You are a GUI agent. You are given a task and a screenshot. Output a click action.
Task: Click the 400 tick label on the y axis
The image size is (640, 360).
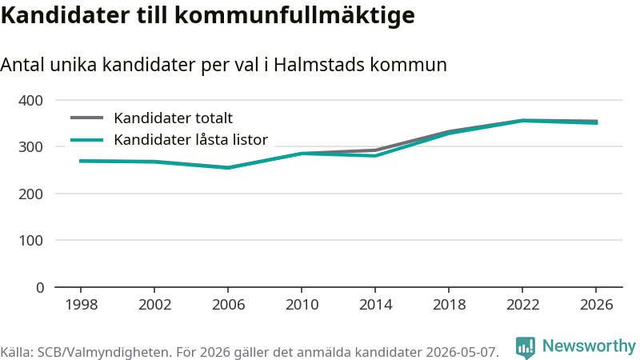pos(30,101)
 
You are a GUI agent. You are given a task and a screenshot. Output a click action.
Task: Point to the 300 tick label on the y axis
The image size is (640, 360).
pos(30,147)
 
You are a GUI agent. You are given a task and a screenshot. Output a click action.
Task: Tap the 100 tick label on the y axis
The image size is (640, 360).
pos(30,241)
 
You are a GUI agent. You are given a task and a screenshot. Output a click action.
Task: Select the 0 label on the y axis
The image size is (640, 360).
pos(40,288)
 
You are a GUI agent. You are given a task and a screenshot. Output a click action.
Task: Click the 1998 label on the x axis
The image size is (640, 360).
pos(82,305)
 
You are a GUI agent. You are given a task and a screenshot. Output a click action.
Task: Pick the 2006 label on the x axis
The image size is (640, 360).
pos(228,305)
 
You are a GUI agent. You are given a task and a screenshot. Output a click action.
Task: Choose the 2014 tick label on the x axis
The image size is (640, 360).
pos(375,305)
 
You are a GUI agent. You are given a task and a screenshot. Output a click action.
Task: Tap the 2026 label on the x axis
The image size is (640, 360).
pos(596,305)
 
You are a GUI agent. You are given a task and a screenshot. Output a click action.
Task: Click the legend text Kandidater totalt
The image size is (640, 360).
pos(173,118)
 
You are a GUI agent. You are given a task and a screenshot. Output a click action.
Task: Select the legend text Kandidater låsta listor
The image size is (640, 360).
pos(190,139)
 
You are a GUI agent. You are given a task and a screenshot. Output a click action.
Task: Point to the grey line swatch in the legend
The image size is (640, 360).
pos(87,118)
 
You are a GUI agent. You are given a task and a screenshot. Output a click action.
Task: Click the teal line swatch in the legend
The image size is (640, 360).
pos(87,140)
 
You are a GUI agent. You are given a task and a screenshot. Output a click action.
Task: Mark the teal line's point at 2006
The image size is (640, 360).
pos(228,168)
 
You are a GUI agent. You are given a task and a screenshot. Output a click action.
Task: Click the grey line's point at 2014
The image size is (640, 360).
pos(375,150)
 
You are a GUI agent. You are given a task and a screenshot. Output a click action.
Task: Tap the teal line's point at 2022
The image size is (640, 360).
pos(522,121)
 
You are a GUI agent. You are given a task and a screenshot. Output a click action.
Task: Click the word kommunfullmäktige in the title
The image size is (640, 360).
pos(294,15)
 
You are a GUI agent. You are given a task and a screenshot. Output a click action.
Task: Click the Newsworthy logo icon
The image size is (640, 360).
pos(526,348)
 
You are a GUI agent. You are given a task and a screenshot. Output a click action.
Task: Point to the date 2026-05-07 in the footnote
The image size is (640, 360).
pos(462,352)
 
